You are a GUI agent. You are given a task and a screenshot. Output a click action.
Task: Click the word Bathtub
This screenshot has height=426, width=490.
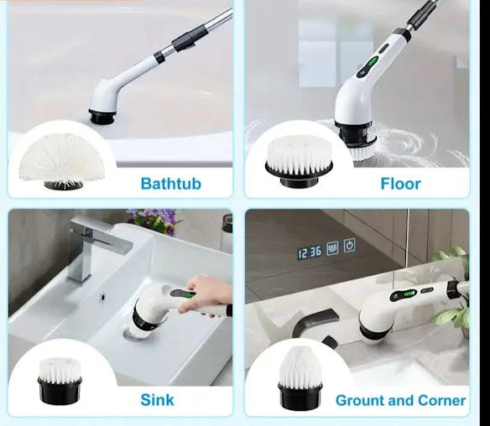click(x=170, y=183)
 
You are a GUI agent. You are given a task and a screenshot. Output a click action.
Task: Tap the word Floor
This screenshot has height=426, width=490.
click(x=400, y=183)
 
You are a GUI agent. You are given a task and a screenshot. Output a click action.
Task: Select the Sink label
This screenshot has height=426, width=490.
click(x=157, y=399)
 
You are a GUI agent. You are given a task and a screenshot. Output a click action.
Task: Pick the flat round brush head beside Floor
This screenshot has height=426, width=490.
click(x=299, y=157)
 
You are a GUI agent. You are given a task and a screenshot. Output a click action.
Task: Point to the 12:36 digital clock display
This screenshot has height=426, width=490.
click(x=309, y=252)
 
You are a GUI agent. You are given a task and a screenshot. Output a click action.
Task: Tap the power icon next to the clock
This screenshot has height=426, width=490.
click(x=349, y=246)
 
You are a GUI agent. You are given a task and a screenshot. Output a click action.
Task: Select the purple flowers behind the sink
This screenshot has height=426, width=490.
click(x=153, y=221)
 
